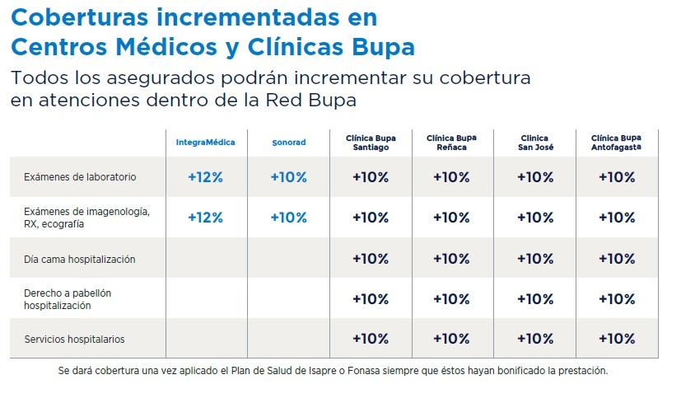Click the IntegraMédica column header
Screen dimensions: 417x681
coord(206,143)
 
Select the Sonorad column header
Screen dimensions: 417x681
coord(288,143)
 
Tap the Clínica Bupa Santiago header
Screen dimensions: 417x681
coord(370,143)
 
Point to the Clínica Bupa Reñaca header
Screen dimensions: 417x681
coord(451,143)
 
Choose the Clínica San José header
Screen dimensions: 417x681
coord(534,143)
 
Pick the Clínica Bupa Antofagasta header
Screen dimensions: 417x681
coord(617,143)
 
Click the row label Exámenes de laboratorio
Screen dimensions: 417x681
coord(80,177)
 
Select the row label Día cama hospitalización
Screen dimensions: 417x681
coord(79,260)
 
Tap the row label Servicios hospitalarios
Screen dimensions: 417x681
coord(74,340)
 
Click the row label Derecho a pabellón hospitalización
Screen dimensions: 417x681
coord(68,299)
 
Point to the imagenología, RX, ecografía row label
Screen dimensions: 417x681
coord(86,218)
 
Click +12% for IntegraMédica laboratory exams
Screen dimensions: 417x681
coord(205,177)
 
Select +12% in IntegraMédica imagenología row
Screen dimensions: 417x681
coord(205,218)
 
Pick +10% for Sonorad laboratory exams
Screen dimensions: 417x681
coord(288,177)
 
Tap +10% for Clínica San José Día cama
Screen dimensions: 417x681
coord(534,259)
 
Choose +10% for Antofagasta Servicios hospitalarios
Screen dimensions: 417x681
coord(617,339)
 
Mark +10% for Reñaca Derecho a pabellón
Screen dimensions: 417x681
coord(451,299)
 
